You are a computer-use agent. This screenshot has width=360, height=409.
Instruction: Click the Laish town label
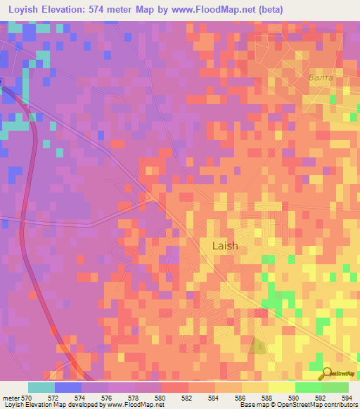[x=225, y=246]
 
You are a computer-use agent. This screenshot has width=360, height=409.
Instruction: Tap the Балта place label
[x=320, y=78]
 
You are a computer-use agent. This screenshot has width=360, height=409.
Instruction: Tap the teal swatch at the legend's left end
[x=41, y=387]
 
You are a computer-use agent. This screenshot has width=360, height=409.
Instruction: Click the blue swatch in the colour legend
[x=67, y=387]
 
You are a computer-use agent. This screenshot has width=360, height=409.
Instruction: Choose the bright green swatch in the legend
[x=308, y=387]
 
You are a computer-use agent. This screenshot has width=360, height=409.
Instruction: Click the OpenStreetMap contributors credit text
[x=309, y=405]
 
